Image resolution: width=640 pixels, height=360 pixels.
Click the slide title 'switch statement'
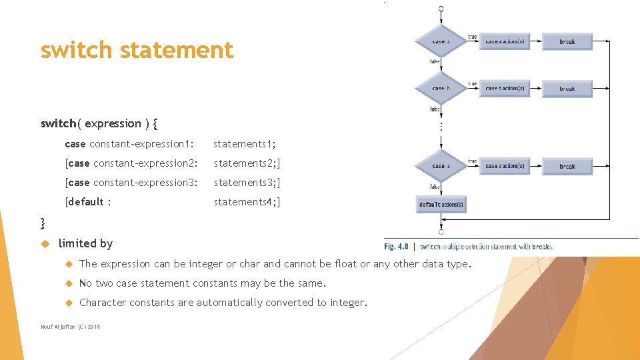tap(137, 50)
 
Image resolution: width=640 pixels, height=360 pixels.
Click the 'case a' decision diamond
tap(441, 41)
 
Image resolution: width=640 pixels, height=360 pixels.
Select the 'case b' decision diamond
tap(441, 88)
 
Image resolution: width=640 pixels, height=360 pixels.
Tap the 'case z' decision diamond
tap(441, 166)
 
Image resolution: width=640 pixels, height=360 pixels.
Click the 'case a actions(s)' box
tap(505, 41)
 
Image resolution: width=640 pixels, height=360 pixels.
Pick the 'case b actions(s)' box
tap(505, 88)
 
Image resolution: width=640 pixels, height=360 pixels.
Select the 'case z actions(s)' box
tap(505, 166)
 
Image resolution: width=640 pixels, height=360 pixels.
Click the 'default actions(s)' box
tap(441, 204)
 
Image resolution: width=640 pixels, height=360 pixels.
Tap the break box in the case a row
tap(567, 41)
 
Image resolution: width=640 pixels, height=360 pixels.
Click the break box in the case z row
tap(567, 166)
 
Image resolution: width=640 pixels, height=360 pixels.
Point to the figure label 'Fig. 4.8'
tap(397, 247)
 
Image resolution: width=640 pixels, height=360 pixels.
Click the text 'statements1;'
tap(245, 144)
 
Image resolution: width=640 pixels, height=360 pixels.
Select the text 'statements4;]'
tap(247, 202)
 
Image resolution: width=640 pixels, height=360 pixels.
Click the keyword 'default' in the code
tap(86, 202)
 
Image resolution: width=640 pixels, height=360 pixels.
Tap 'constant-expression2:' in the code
tap(145, 163)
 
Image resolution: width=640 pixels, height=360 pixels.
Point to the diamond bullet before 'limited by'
tap(46, 243)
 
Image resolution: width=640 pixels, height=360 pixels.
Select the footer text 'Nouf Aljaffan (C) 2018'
tap(70, 327)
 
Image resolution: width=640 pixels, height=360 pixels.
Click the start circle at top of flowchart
tap(441, 9)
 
